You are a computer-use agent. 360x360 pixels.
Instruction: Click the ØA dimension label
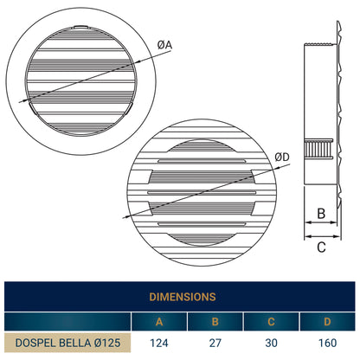(x=164, y=45)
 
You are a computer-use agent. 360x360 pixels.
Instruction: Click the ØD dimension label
(x=282, y=157)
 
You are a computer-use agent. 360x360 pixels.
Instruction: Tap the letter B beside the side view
(x=321, y=214)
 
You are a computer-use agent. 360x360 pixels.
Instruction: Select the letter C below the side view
(x=321, y=247)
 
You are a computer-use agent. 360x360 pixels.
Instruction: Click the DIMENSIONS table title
(x=183, y=297)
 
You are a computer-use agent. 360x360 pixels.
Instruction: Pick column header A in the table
(x=159, y=322)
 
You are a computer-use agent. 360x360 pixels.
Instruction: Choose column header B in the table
(x=215, y=322)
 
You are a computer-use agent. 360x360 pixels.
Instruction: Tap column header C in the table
(x=271, y=322)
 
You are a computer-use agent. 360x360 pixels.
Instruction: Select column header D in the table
(x=327, y=322)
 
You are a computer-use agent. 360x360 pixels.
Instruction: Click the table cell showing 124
(x=159, y=343)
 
